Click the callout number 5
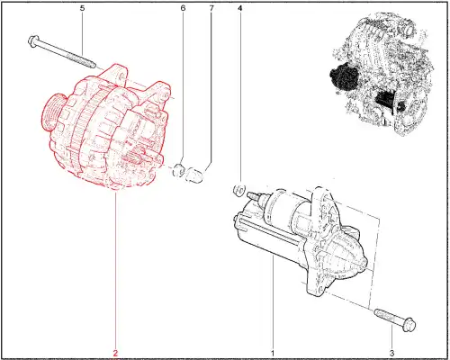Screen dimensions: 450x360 click(82, 8)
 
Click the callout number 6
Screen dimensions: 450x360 click(183, 8)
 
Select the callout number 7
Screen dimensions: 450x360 click(211, 8)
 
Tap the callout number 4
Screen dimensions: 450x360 click(239, 8)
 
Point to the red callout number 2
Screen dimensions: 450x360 click(116, 353)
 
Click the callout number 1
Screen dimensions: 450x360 click(273, 353)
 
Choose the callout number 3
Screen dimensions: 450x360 click(392, 353)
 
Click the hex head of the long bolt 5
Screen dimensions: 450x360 click(32, 40)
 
